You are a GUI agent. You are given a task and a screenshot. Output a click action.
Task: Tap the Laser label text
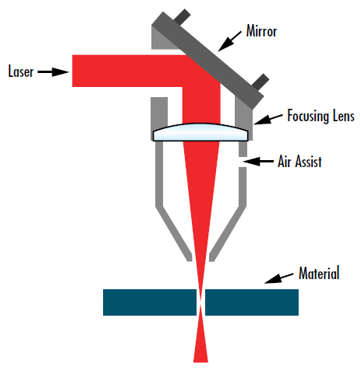click(x=22, y=71)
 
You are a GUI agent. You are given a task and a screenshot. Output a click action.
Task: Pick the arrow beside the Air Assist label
click(x=259, y=159)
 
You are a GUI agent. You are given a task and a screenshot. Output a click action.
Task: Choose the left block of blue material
click(x=150, y=301)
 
